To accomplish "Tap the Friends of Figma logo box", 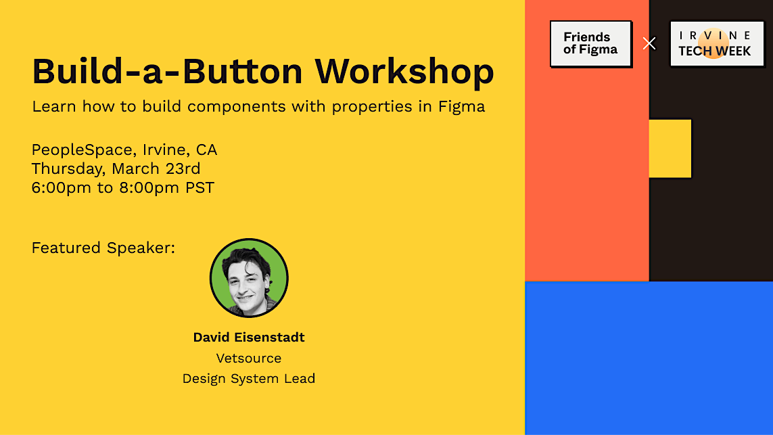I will tap(590, 43).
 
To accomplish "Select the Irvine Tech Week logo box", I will tap(717, 43).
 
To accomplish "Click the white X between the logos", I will tap(649, 43).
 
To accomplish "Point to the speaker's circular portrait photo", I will tap(249, 277).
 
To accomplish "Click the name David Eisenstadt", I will tap(249, 337).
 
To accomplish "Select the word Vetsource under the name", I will tap(249, 358).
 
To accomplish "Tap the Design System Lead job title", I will tap(249, 379).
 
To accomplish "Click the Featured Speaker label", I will tap(103, 248).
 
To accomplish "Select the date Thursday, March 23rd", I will tap(116, 168).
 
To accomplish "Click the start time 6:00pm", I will tap(61, 187).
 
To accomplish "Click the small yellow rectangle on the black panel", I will tap(670, 148).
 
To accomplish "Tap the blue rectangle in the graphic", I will tap(649, 358).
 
